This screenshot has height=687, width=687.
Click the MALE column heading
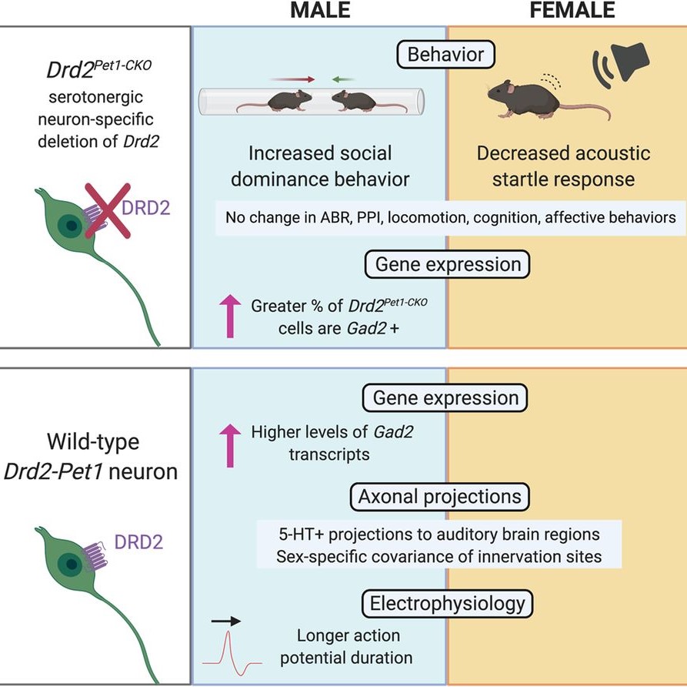pos(320,10)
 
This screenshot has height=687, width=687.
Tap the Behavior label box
pos(446,55)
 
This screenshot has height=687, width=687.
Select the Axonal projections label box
pos(445,497)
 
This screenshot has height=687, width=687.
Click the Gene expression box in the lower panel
pos(445,398)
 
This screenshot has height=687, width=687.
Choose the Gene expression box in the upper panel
pos(447,265)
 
